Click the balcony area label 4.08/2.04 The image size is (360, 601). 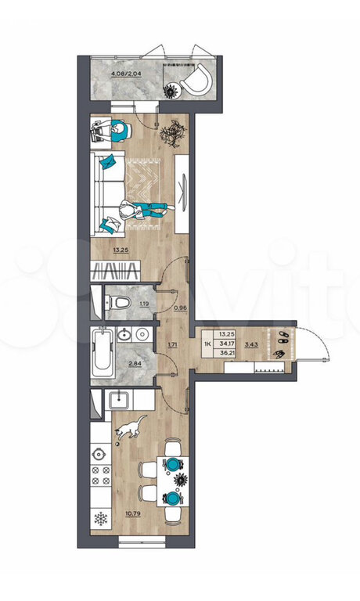coord(126,74)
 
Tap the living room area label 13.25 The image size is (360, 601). coord(121,250)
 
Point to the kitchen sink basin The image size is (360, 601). coord(121,401)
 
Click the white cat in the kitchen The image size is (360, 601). coord(130,427)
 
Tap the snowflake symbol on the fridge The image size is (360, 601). coord(101,520)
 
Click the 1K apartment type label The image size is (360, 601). coord(208,344)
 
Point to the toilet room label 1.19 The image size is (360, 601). coord(145,304)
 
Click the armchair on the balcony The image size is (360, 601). coord(198,81)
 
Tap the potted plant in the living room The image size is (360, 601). coord(173,133)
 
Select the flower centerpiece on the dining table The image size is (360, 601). coord(180,480)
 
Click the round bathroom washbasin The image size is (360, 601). coord(142,335)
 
